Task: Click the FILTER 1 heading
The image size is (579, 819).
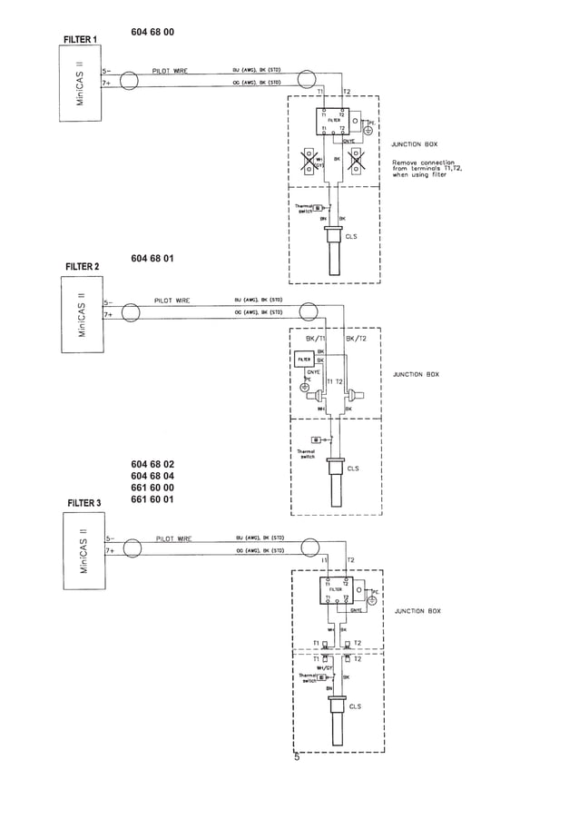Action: coord(81,39)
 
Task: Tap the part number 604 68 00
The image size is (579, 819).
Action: coord(152,32)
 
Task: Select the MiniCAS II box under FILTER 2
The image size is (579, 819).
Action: coord(82,314)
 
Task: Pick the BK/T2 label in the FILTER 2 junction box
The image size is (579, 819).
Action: coord(357,338)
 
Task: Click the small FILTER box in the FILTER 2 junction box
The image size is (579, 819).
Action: coord(304,360)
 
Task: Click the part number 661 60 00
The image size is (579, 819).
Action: coord(152,488)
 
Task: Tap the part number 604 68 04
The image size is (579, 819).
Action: coord(152,476)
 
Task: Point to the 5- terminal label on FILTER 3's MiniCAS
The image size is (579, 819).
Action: coord(108,538)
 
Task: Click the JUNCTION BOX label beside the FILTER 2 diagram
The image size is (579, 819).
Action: coord(416,374)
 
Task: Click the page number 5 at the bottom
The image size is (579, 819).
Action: coord(296,757)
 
